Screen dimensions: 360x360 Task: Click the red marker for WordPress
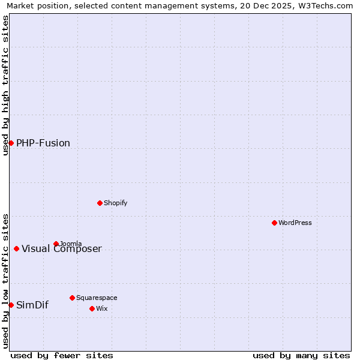(274, 223)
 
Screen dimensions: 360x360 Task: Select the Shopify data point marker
(100, 203)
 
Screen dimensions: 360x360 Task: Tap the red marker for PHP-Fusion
(11, 143)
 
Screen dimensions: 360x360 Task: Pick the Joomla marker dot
(56, 244)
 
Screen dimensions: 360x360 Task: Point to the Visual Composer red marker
(16, 248)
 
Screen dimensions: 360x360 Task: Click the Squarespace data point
(72, 298)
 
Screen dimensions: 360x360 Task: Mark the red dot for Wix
(92, 308)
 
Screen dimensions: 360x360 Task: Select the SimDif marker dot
(11, 305)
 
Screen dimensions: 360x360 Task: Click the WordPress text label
(295, 223)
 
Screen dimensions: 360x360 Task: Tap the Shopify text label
(116, 203)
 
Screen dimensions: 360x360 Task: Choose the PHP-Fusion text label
(43, 143)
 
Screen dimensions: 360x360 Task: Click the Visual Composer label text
(62, 249)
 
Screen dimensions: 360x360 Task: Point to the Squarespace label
(97, 298)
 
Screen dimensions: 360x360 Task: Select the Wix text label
(101, 308)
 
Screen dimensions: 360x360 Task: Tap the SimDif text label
(32, 305)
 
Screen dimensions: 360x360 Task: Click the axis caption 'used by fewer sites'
(62, 355)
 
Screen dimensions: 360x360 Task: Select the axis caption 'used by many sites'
(301, 355)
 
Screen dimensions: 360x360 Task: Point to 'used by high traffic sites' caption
(5, 85)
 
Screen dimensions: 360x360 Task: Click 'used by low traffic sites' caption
(5, 281)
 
